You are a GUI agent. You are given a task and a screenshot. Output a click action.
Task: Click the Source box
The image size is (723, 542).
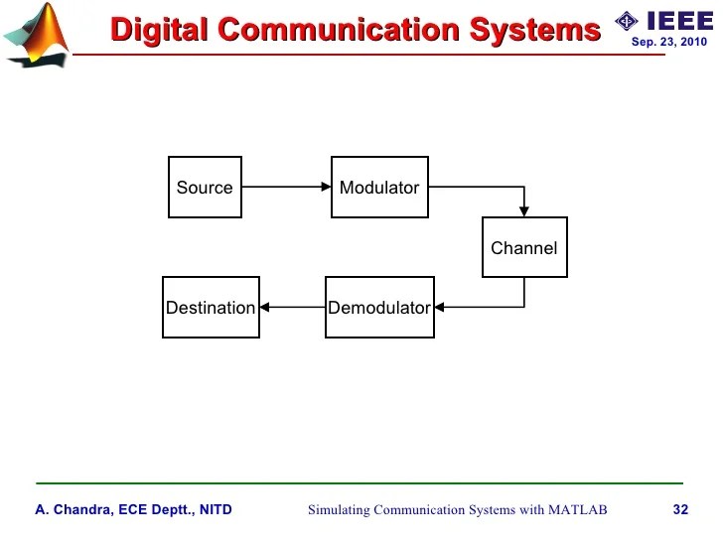205,188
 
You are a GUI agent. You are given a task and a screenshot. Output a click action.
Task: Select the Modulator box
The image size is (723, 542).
379,188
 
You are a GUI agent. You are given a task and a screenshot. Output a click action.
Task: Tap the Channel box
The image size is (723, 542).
524,247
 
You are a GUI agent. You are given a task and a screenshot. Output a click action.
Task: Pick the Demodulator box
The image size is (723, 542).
379,308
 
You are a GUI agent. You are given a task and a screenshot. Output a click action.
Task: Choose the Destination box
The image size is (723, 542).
211,308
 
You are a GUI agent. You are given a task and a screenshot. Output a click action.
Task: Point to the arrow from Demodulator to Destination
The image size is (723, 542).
293,308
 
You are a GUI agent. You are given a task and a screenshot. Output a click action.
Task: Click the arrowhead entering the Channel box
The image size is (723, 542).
524,211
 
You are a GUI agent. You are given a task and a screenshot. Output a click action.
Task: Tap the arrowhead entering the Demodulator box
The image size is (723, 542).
440,308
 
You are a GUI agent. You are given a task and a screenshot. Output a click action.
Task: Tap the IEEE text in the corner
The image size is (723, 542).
679,21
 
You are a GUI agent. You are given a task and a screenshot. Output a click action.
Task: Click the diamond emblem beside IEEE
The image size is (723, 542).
627,21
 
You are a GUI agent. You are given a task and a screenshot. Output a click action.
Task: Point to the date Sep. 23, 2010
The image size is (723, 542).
669,43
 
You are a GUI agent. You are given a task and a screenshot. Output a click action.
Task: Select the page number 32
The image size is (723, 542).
680,510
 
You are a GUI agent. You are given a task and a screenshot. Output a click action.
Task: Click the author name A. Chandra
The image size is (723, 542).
74,510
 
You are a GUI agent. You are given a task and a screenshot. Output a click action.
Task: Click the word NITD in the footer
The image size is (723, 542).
215,510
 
